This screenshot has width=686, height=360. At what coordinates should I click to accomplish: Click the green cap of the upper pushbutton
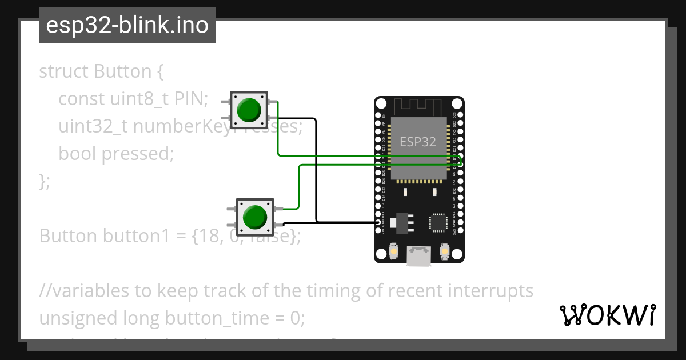(249, 110)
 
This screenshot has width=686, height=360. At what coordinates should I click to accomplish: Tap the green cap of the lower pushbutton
(254, 217)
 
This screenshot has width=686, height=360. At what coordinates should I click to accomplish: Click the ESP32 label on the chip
(418, 142)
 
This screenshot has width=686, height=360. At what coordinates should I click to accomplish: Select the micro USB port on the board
(420, 257)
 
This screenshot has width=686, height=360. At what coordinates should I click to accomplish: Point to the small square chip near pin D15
(438, 222)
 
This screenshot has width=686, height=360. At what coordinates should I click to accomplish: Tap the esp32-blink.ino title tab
(127, 25)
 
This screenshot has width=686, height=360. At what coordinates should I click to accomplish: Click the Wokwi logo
(607, 315)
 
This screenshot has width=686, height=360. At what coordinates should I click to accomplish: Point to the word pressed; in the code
(137, 154)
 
